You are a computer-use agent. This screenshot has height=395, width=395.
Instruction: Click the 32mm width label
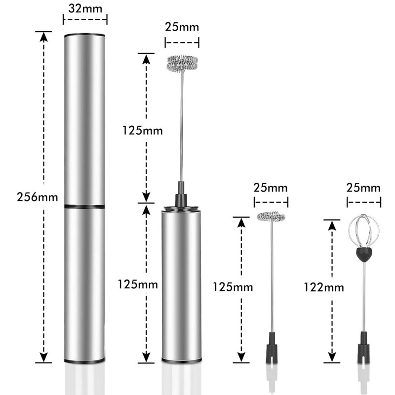(x=85, y=9)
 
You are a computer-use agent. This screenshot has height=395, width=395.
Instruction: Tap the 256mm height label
(x=38, y=197)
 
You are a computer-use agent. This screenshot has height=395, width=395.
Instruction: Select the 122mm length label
(x=324, y=287)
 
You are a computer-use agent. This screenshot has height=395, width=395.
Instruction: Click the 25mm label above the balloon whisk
(x=363, y=188)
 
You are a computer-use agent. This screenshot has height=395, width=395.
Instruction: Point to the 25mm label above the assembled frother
(x=182, y=27)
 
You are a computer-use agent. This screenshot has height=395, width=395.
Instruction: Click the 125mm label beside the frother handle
(x=138, y=284)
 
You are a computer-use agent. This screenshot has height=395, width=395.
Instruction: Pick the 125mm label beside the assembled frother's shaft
(x=142, y=130)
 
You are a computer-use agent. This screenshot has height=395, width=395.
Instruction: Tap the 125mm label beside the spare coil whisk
(x=233, y=287)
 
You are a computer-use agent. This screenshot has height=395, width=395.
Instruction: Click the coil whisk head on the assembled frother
(x=182, y=64)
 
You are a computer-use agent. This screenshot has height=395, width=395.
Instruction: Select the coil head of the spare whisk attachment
(x=271, y=216)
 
